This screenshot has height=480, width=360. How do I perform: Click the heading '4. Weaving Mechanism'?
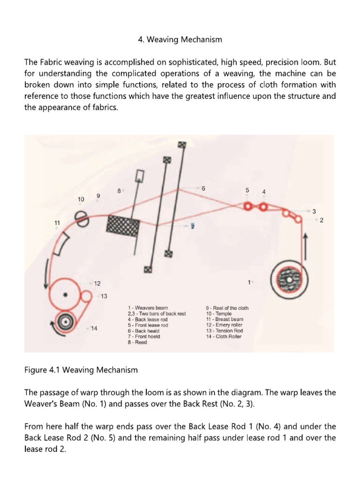(x=180, y=40)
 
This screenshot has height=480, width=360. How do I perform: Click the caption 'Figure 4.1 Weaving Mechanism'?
(x=81, y=370)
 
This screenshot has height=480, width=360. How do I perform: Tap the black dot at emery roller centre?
(x=65, y=295)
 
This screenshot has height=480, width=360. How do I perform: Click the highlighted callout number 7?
(x=192, y=226)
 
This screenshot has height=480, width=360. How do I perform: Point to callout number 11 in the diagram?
(x=57, y=223)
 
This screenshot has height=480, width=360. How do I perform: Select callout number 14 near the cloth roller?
(x=94, y=328)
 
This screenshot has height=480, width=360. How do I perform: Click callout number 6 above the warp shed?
(x=203, y=188)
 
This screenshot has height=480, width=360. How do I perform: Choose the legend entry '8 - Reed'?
(x=137, y=342)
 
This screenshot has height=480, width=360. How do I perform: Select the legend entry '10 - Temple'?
(x=219, y=314)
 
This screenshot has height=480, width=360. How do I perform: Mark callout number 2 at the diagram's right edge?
(x=322, y=219)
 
